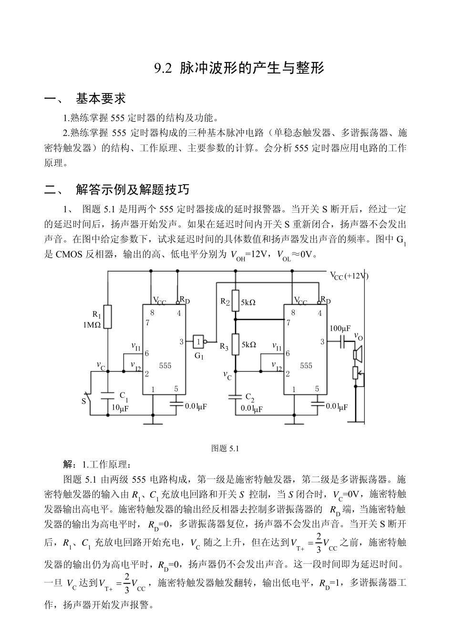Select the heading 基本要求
101,99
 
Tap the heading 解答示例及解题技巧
133,190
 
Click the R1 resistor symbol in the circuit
108,316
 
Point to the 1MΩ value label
91,325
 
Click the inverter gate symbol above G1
199,342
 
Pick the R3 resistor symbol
235,345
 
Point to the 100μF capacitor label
340,329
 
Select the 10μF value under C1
120,408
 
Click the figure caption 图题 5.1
225,448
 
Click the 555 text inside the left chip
165,365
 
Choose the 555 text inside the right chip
306,365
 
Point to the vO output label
358,337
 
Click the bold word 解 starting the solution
68,464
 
